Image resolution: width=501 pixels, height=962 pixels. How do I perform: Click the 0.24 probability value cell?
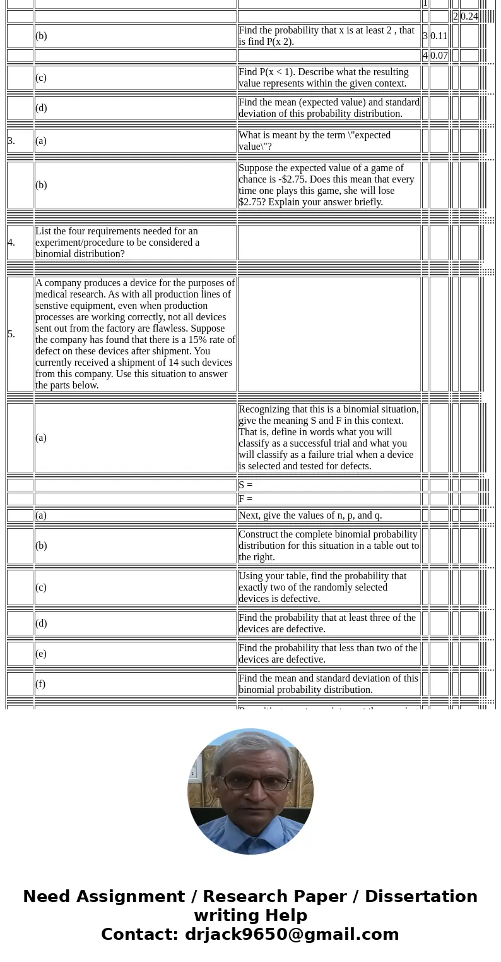coord(469,16)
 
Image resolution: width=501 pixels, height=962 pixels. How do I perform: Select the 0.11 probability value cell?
coord(439,36)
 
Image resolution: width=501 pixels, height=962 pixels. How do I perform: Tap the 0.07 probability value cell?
coord(439,56)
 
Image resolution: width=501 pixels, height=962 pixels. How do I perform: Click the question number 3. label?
coord(11,141)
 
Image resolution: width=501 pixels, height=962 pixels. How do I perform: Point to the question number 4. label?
coord(11,243)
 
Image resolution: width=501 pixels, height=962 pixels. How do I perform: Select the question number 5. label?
coord(11,334)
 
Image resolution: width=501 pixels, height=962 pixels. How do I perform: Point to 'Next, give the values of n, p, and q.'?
coord(310,515)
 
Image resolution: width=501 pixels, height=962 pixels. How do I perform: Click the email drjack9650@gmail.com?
coord(292,934)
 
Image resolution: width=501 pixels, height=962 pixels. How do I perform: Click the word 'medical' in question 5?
coord(52,294)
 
